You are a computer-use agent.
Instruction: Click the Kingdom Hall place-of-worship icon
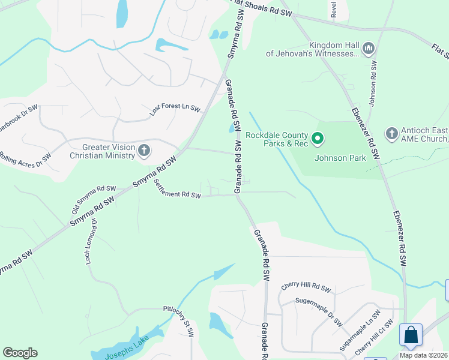(x=369, y=47)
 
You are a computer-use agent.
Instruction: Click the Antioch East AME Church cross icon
(x=391, y=133)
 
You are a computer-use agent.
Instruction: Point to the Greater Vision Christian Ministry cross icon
(x=143, y=150)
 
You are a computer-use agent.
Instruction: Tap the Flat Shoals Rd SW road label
(x=261, y=7)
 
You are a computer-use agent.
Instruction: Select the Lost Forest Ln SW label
(x=175, y=107)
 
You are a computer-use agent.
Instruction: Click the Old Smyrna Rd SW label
(x=93, y=196)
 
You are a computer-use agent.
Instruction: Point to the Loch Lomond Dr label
(x=91, y=241)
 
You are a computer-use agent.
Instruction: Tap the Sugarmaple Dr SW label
(x=318, y=311)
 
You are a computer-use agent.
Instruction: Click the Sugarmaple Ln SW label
(x=360, y=330)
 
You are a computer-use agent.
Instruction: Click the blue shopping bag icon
(x=411, y=335)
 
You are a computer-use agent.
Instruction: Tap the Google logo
(x=20, y=352)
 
